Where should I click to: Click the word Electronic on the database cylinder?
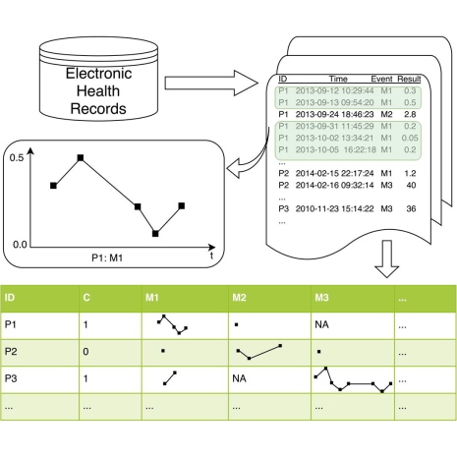tap(98, 74)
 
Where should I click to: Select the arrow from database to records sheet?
tap(211, 83)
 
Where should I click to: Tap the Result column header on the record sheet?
tap(409, 79)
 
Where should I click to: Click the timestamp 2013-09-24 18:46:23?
tap(334, 114)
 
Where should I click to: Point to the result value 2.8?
tap(410, 114)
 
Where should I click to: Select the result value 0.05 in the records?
tap(410, 138)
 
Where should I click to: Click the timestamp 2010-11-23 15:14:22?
tap(334, 208)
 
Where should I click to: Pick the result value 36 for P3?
tap(411, 208)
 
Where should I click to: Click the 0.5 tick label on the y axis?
tap(17, 158)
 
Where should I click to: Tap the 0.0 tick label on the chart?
tap(20, 245)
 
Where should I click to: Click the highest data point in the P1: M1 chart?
tap(81, 158)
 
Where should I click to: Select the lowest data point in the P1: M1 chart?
tap(155, 234)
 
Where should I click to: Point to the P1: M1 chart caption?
tap(107, 258)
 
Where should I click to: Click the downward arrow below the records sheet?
tap(387, 258)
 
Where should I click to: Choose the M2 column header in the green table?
tap(239, 298)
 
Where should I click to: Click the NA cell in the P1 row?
tap(321, 324)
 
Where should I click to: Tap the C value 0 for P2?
tap(86, 352)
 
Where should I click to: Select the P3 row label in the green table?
tap(11, 378)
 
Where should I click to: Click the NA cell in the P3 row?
tap(239, 378)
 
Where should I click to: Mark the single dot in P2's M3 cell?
tap(318, 352)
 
